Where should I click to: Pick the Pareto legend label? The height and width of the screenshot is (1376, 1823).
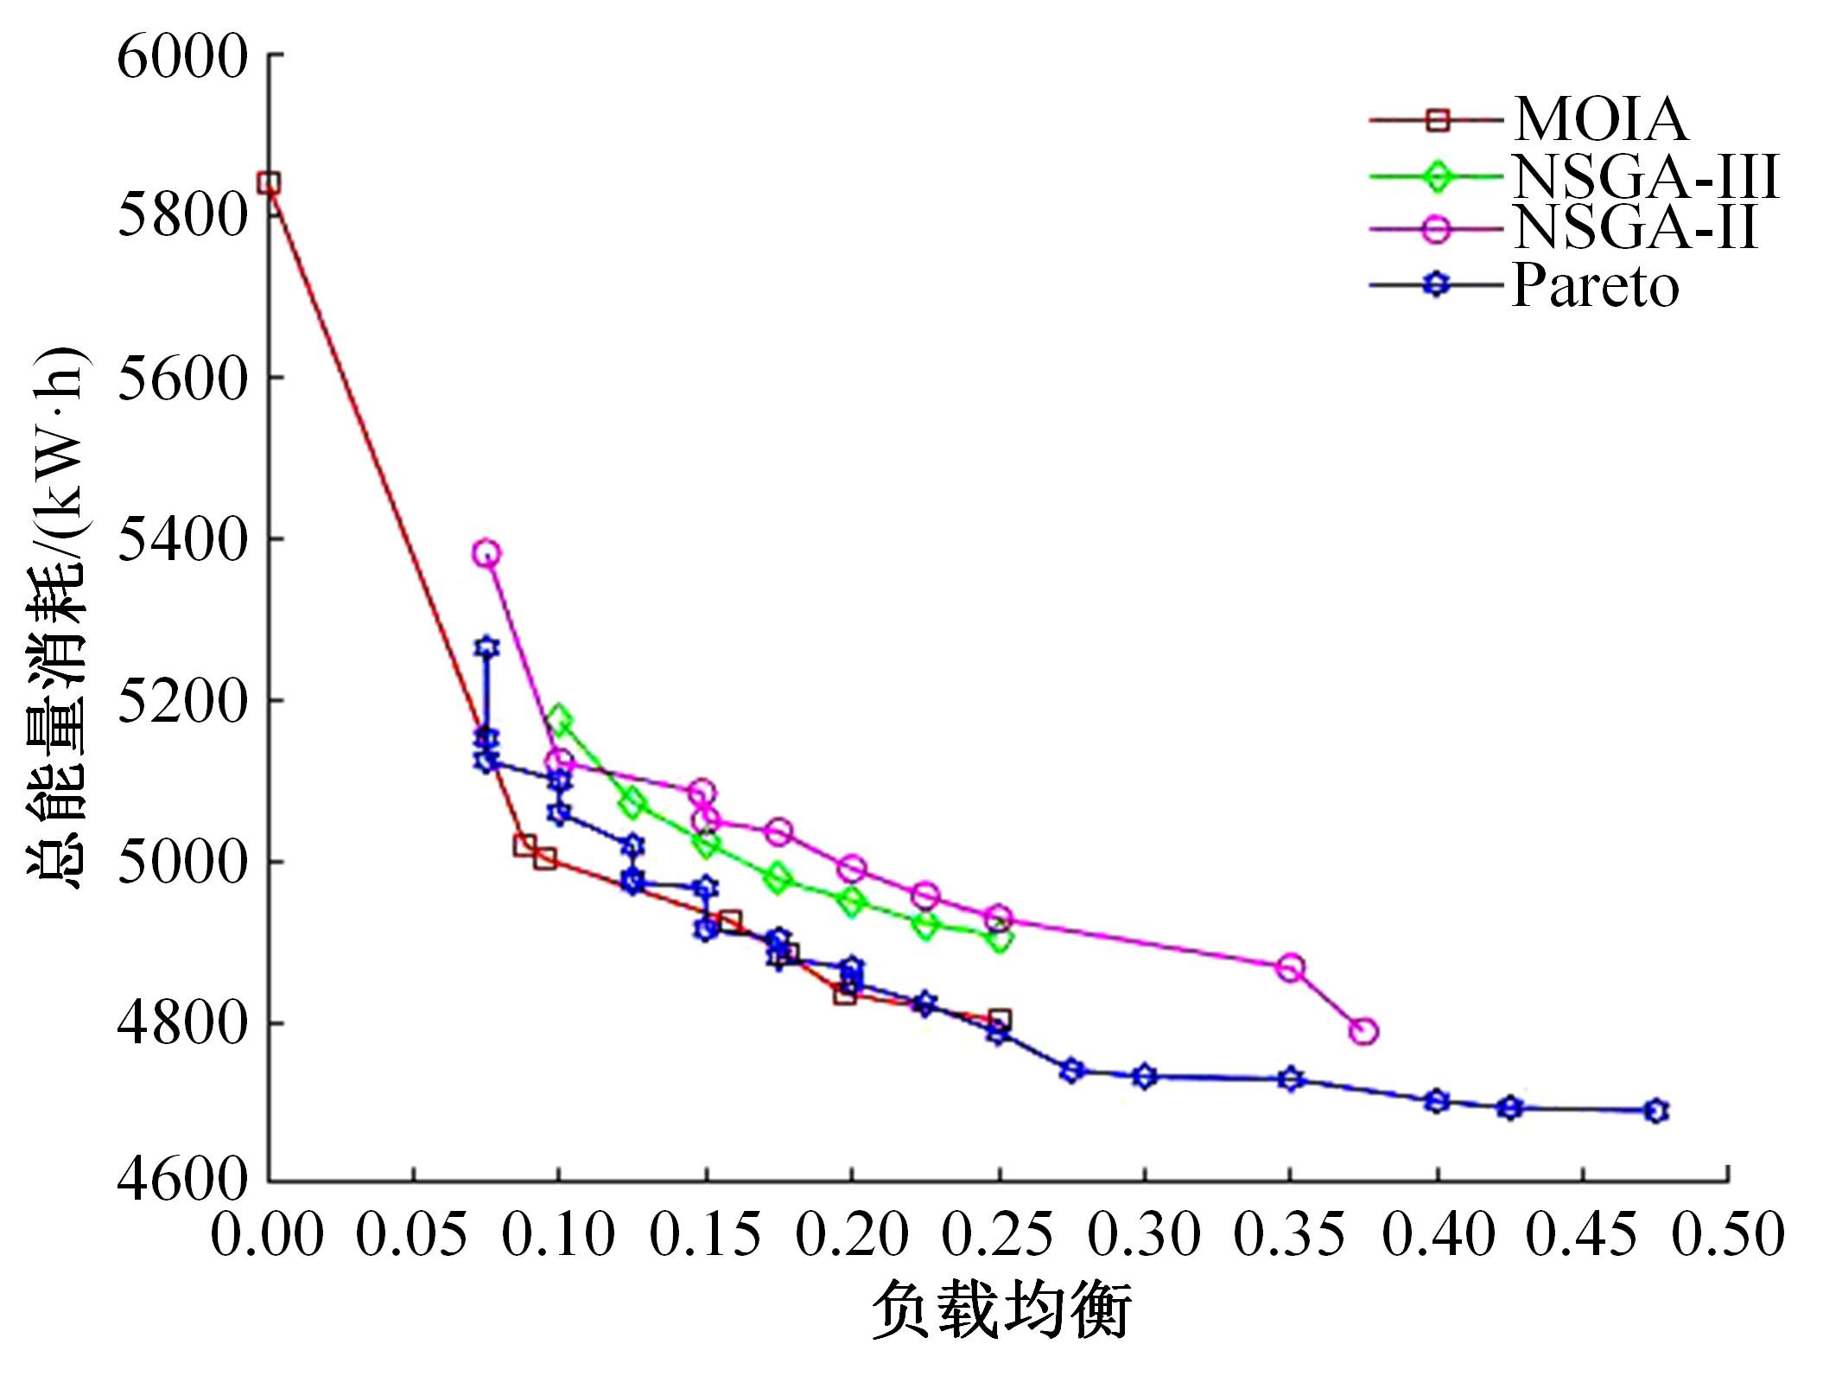tap(1595, 285)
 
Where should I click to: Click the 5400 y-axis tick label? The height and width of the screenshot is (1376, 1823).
tap(182, 540)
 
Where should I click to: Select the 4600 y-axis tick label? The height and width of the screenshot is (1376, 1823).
tap(182, 1181)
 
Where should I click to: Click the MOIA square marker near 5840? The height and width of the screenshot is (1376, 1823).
tap(269, 183)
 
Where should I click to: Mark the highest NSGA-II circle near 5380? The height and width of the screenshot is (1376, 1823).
tap(486, 553)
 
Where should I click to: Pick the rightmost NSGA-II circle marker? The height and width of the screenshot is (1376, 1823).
tap(1363, 1031)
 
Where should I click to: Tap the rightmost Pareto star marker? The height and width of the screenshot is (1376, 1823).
tap(1655, 1111)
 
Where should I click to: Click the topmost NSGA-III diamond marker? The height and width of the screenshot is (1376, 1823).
tap(559, 719)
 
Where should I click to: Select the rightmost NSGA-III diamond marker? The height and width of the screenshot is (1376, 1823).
tap(1000, 940)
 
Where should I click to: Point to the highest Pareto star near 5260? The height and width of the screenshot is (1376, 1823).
tap(486, 647)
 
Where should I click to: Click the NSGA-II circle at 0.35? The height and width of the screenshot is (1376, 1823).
tap(1291, 968)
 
